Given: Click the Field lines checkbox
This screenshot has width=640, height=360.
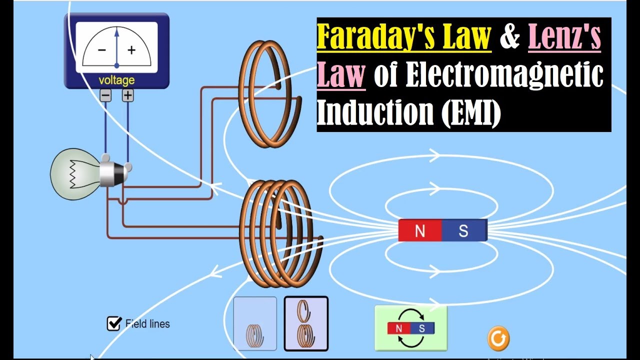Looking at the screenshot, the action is point(114,323).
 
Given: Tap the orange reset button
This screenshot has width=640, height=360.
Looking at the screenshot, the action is point(498,338).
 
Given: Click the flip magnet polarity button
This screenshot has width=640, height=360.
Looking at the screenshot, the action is point(411,328).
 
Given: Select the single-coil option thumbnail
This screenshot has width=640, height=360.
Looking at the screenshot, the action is point(255,323).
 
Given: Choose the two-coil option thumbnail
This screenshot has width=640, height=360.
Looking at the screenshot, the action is point(306,323).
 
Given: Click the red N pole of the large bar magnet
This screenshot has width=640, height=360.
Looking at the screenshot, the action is point(420,231).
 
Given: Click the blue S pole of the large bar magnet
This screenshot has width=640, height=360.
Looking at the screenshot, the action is point(464,231).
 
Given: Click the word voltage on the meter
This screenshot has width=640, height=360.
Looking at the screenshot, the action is point(116,80).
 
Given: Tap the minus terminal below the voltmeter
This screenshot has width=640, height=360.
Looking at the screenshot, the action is point(105,95).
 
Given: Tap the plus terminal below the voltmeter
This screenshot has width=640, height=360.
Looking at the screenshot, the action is point(128,95).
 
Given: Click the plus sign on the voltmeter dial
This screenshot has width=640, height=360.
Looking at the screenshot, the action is point(131,50).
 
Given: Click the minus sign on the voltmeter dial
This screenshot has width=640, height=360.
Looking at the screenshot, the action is point(101,50).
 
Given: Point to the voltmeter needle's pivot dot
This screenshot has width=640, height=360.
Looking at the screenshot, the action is point(116,65).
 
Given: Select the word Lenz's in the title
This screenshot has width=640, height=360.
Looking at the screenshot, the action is point(564,38).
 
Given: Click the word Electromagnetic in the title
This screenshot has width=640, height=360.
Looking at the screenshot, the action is point(504,76).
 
